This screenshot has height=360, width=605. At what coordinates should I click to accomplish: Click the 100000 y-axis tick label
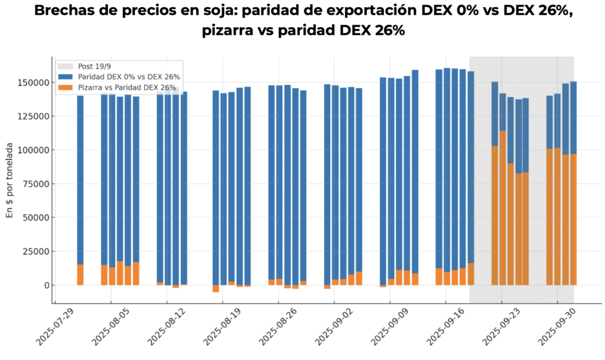point(34,150)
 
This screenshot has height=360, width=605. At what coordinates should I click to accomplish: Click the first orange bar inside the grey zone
point(495,215)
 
